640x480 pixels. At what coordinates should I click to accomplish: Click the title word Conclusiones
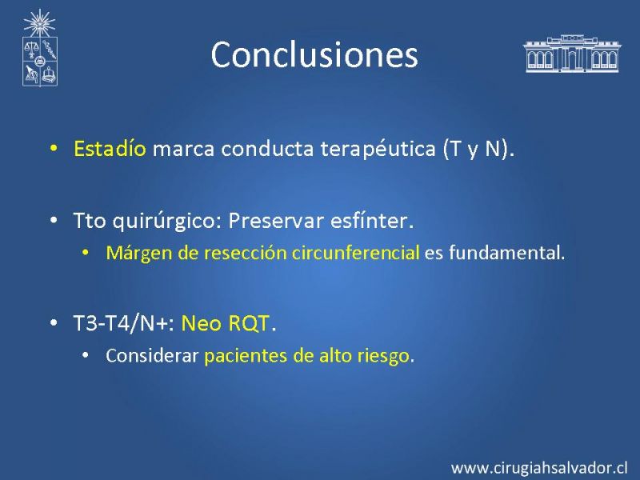click(x=314, y=54)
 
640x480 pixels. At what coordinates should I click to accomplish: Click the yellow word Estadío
click(x=110, y=148)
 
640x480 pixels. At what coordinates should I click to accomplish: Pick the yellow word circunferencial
click(x=355, y=253)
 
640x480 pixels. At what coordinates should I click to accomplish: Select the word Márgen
click(x=139, y=254)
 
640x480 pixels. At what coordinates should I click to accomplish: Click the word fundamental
click(x=507, y=253)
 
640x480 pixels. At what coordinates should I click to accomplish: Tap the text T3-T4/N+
click(x=124, y=324)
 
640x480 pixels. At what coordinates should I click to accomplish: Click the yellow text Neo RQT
click(x=226, y=324)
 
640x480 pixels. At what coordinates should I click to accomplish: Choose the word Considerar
click(x=152, y=355)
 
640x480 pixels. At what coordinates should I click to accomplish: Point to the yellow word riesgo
click(x=383, y=356)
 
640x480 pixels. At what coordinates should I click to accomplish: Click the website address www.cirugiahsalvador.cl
click(x=539, y=468)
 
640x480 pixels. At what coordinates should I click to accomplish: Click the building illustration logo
click(x=572, y=54)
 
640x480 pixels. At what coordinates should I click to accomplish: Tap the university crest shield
click(x=40, y=62)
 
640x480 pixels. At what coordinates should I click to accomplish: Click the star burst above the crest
click(x=39, y=23)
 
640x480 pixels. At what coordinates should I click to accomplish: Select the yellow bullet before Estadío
click(x=54, y=148)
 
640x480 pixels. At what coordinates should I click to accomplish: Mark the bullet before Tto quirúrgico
click(x=54, y=221)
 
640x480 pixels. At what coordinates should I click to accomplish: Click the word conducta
click(x=267, y=149)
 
